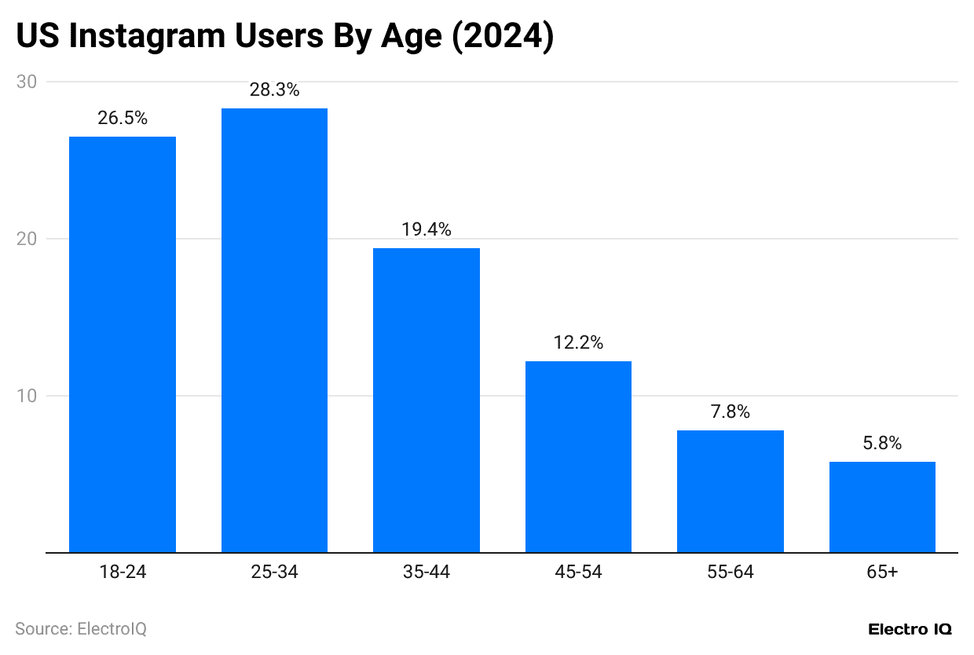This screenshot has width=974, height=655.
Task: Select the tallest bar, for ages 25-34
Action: [274, 330]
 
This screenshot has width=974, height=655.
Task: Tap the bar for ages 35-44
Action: [427, 400]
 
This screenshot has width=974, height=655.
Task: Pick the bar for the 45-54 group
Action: [578, 456]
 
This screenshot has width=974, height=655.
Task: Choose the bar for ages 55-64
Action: [730, 491]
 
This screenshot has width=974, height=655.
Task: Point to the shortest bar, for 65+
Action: [882, 507]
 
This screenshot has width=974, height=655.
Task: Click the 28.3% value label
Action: [274, 90]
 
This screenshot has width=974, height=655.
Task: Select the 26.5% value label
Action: [123, 119]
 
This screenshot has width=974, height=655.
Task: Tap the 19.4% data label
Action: [427, 230]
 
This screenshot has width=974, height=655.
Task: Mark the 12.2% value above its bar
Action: [578, 343]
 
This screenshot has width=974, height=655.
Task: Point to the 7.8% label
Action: [730, 412]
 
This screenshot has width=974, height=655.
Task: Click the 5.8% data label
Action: [882, 444]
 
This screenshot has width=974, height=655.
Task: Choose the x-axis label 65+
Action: [882, 573]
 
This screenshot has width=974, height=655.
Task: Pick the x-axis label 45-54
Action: [578, 573]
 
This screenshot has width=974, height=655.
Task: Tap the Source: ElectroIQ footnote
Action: [81, 629]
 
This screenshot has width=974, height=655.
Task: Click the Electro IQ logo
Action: [910, 630]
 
